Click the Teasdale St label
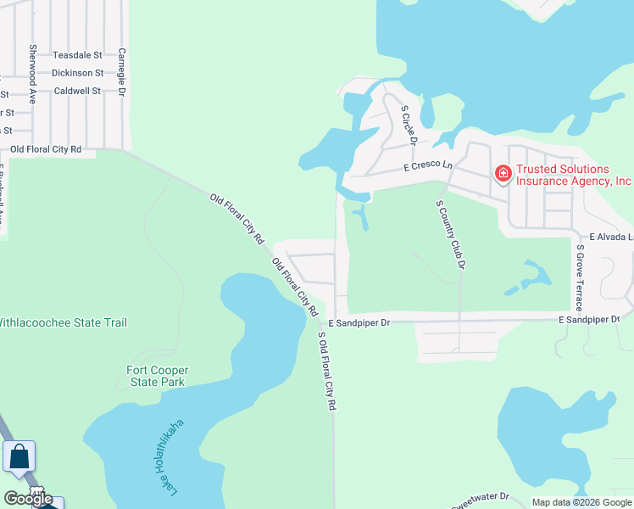(77, 55)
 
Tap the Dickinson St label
(77, 73)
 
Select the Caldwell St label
(77, 91)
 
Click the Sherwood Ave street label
(32, 73)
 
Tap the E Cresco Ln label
(428, 166)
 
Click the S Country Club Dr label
(451, 235)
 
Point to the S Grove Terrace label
(580, 277)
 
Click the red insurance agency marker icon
(503, 174)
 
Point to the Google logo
(28, 499)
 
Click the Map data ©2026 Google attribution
(581, 502)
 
